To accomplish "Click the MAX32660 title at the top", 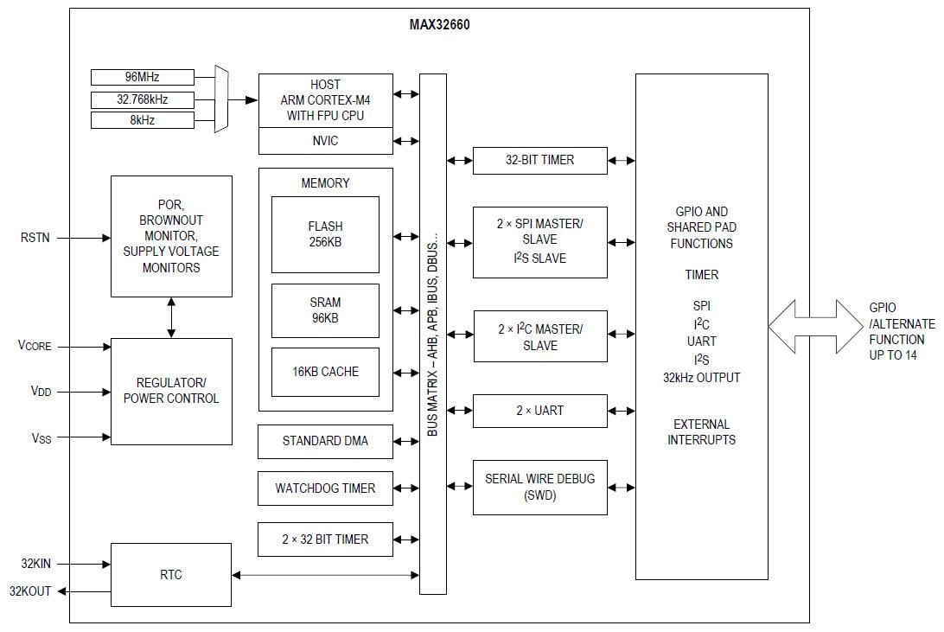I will [439, 24].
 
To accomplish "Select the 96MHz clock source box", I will [142, 77].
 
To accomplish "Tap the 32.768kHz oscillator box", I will [142, 99].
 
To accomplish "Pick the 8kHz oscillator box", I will [142, 120].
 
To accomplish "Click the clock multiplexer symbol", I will [221, 99].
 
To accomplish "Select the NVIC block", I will [325, 140].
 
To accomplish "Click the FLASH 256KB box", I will [325, 234].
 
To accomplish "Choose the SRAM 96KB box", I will [325, 310].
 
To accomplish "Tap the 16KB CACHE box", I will [325, 372].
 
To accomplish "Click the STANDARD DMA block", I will [325, 441].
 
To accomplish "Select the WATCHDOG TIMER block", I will [325, 488].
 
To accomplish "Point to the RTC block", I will [171, 575].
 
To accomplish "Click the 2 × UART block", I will [539, 411].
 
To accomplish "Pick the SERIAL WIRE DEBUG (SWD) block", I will [539, 487].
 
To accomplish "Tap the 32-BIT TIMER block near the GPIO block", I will [539, 160].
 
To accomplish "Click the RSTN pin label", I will [35, 237].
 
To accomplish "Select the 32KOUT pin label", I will [30, 591].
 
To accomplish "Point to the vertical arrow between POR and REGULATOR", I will [171, 317].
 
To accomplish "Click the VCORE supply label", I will [35, 346].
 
